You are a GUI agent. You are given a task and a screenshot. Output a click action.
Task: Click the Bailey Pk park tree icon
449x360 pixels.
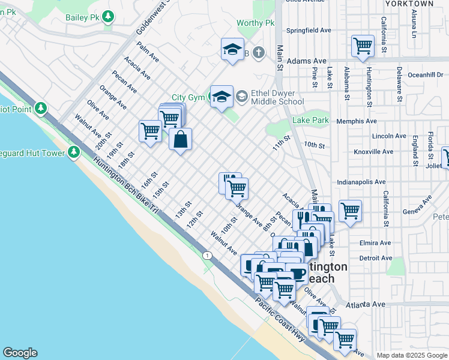pyautogui.click(x=108, y=16)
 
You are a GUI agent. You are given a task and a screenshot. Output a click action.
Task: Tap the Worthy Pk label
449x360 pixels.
pyautogui.click(x=255, y=23)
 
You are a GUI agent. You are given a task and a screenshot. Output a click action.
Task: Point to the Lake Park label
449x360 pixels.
pyautogui.click(x=310, y=121)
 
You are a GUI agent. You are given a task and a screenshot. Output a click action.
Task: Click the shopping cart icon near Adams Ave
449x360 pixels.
pyautogui.click(x=363, y=46)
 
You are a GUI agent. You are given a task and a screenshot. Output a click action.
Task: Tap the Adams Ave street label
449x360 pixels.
pyautogui.click(x=306, y=61)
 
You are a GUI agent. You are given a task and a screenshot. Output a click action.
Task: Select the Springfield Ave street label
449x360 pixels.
pyautogui.click(x=309, y=30)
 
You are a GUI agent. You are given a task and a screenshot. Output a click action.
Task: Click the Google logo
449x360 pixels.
pyautogui.click(x=20, y=353)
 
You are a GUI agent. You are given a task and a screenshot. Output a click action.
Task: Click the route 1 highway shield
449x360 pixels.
pyautogui.click(x=207, y=256)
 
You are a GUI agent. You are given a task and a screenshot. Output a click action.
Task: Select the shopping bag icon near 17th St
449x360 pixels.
pyautogui.click(x=180, y=140)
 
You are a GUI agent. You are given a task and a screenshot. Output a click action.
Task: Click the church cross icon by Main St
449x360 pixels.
pyautogui.click(x=259, y=53)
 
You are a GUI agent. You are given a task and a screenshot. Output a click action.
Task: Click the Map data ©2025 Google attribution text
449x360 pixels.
pyautogui.click(x=411, y=355)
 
